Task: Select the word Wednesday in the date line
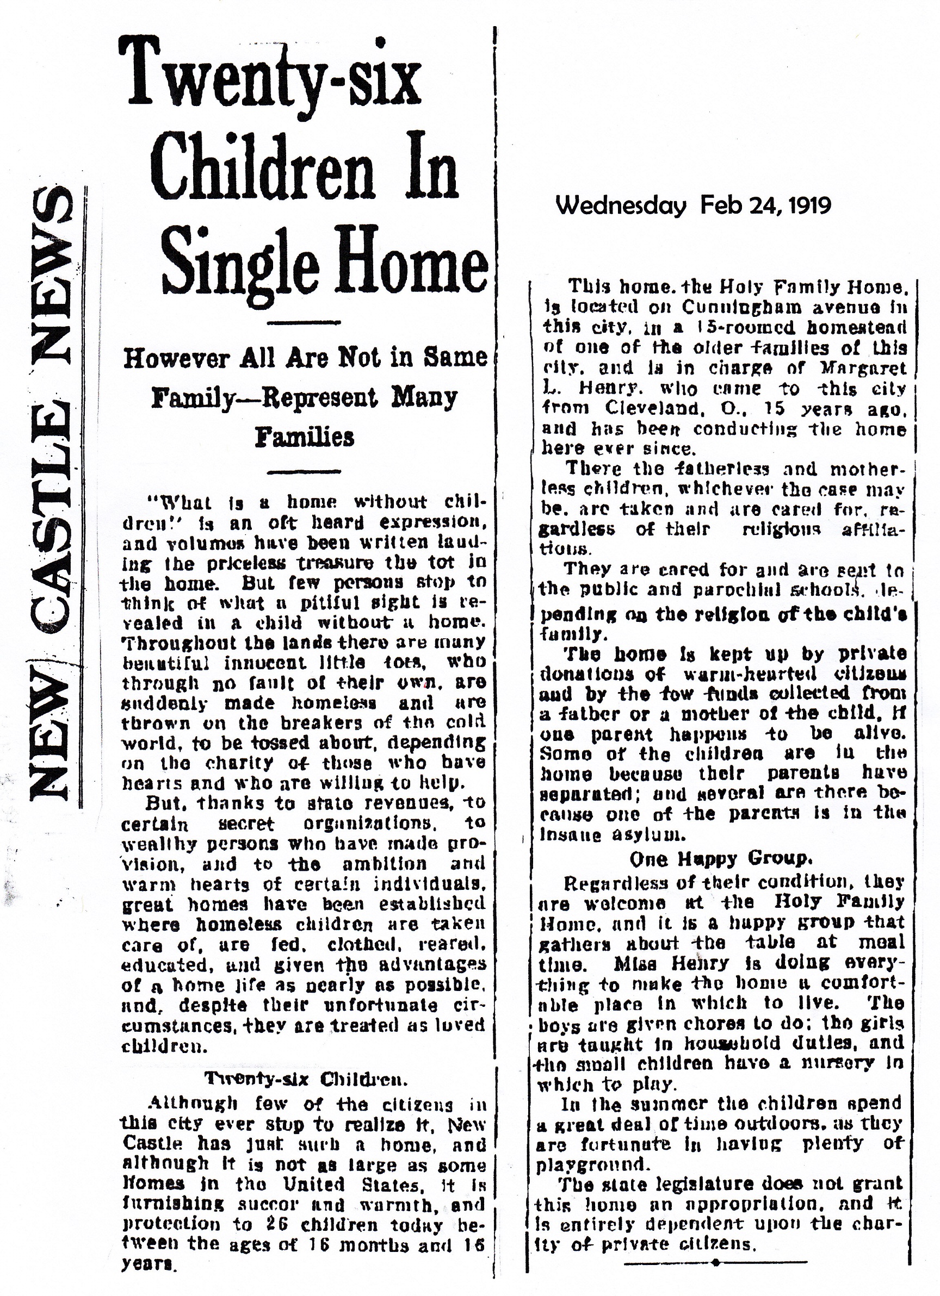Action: click(x=620, y=205)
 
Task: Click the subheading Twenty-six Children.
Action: click(x=305, y=1079)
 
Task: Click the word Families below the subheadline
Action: click(x=305, y=438)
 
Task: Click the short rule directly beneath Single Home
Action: click(x=305, y=323)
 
